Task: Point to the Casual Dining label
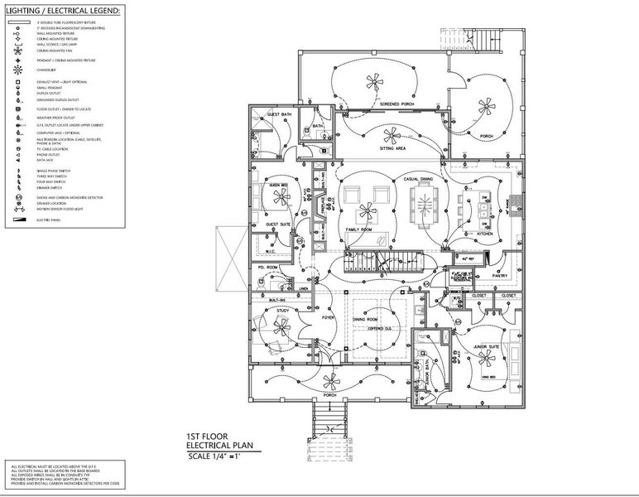418,180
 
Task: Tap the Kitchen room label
484,234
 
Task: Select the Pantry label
499,275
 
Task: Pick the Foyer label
328,317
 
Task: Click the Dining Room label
366,318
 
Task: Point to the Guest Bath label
279,114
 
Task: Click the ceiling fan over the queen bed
282,197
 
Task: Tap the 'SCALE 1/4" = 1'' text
219,455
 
